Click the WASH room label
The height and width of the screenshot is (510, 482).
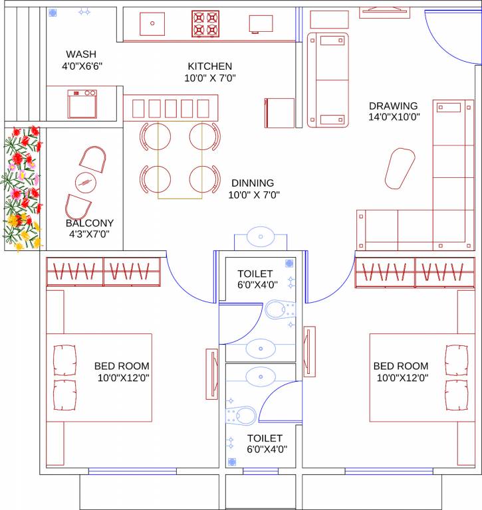point(81,54)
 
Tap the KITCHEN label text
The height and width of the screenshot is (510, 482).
point(210,66)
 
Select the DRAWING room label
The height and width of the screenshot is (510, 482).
point(394,106)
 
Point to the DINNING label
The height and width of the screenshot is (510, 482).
point(253,183)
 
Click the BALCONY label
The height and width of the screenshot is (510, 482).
point(90,223)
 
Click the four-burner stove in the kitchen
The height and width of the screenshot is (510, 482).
point(205,24)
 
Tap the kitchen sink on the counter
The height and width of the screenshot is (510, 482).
point(152,23)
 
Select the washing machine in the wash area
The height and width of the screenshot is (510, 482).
point(82,104)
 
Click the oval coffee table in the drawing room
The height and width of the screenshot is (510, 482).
point(400,168)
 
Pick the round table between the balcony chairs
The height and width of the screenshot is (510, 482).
point(84,179)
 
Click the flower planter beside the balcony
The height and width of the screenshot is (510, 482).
point(21,189)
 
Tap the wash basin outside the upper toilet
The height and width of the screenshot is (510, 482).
point(260,236)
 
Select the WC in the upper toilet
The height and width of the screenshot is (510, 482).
point(280,309)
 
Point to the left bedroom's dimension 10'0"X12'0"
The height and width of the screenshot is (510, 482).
point(123,378)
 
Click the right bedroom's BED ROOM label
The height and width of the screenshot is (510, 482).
point(401,366)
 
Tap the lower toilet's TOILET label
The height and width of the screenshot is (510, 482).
point(265,438)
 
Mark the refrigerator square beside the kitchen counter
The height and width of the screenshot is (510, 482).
point(280,113)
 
